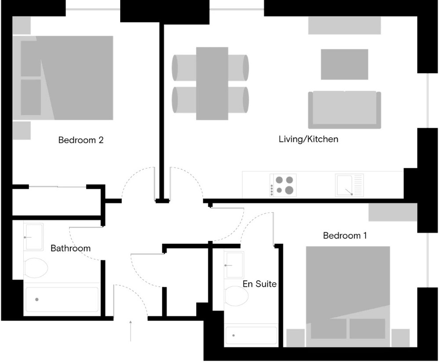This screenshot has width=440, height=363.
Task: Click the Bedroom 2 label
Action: coord(81,140)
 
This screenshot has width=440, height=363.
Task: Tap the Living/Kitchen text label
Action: coord(308,139)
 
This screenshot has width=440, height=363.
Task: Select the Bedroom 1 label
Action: coord(345,235)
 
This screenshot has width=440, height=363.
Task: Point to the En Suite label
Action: coord(260,284)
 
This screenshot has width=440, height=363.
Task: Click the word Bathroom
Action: coord(70,248)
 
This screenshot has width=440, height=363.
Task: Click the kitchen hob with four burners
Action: coord(283,185)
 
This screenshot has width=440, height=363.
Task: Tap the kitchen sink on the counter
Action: coord(349,185)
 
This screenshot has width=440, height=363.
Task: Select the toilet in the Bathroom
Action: coord(36,268)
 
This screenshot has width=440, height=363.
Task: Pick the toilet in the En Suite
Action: coord(236,296)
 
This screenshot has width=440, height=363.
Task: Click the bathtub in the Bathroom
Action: coord(62,299)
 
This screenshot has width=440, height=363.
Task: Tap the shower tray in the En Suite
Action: coord(251,335)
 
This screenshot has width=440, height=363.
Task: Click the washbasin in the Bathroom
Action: coord(34,237)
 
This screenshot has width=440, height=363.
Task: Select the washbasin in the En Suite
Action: coord(234,265)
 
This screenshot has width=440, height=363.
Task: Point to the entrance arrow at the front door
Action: coord(131,331)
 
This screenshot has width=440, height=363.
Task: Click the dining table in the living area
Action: coord(212,83)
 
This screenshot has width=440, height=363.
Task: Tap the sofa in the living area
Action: coord(345,110)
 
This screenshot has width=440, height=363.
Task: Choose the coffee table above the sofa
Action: coord(345,64)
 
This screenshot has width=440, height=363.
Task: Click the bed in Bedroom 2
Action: coord(63,78)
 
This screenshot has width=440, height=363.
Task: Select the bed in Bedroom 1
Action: coord(348,296)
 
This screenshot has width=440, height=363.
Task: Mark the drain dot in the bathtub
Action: coord(37,299)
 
